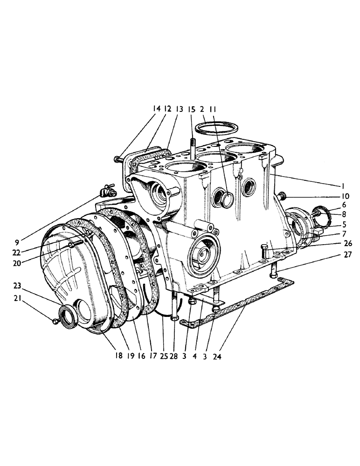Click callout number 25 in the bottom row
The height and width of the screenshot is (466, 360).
click(163, 356)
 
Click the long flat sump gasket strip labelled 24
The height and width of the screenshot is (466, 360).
click(242, 302)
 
